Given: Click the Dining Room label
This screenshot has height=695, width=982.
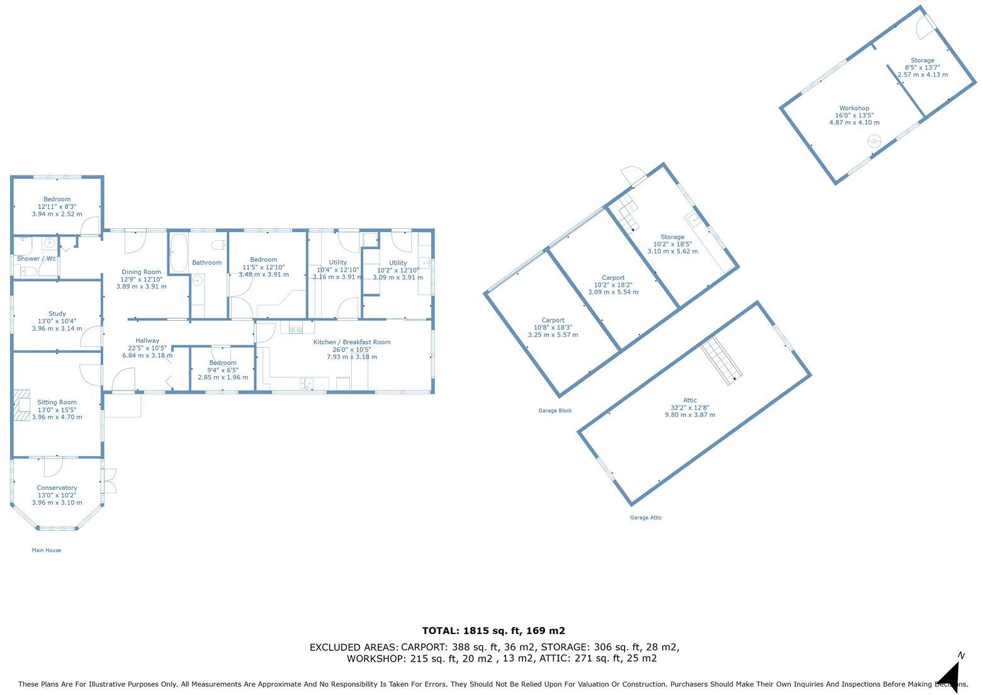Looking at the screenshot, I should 141,272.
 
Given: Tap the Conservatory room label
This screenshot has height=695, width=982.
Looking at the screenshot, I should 57,488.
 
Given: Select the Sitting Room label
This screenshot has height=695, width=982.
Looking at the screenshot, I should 57,403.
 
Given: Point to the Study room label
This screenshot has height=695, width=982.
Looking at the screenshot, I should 57,314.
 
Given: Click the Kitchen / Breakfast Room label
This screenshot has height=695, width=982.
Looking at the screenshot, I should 352,342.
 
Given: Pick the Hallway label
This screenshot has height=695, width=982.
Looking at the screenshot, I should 147,341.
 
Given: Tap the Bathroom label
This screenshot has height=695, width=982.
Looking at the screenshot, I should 207,263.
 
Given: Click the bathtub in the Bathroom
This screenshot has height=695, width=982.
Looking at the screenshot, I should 178,253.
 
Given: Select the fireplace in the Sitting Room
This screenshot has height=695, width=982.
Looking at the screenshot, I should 23,404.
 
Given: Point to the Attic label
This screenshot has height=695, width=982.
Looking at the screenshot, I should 690,400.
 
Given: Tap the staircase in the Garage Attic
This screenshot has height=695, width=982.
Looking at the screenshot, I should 722,360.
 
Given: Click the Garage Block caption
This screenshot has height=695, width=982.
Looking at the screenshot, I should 555,411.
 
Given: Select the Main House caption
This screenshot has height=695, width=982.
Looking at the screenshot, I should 47,550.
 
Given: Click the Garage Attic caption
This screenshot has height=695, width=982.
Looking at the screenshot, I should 646,518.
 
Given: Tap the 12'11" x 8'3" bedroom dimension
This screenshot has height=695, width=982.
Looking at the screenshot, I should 57,206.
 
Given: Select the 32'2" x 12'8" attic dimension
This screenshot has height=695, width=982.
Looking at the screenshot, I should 690,408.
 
